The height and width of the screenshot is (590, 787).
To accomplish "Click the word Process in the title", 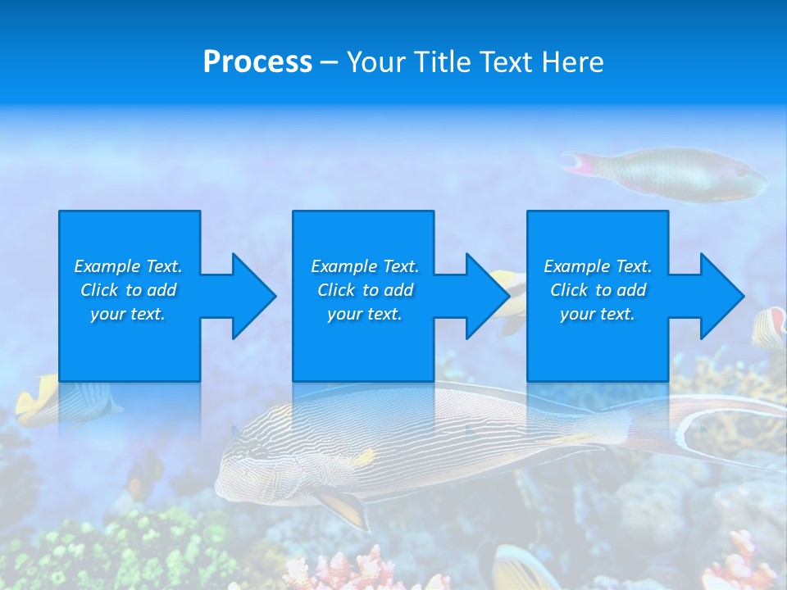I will (257, 62).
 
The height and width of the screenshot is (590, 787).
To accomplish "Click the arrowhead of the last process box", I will (718, 296).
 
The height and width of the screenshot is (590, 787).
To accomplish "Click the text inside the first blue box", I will (128, 290).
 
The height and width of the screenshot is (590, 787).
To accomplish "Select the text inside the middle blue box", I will (364, 290).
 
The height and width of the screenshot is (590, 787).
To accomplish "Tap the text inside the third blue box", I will (598, 290).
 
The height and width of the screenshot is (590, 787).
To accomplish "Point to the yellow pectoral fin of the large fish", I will (344, 508).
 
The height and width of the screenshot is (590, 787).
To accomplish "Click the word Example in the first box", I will (107, 266).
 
